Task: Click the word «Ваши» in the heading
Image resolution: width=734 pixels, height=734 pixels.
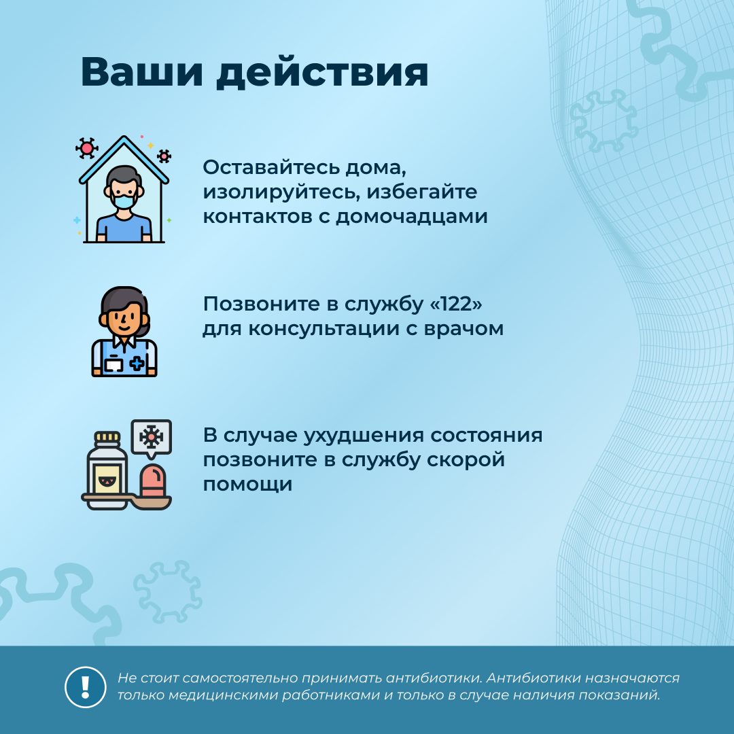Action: tap(142, 72)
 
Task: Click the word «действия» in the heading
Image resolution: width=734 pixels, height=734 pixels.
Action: tap(322, 73)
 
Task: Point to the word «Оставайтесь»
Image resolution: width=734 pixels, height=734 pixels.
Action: tap(271, 167)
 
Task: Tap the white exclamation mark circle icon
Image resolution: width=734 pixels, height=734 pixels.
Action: tap(85, 686)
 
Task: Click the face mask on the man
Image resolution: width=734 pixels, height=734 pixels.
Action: tap(124, 201)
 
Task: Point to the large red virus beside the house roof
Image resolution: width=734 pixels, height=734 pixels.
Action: tap(86, 148)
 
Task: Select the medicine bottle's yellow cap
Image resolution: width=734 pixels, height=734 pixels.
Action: tap(107, 438)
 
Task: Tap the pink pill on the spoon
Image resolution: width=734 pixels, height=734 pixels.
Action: tap(152, 479)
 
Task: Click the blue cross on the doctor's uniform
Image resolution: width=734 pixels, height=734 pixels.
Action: tap(137, 364)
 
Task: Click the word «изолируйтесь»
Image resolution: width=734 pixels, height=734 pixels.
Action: tap(281, 192)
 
